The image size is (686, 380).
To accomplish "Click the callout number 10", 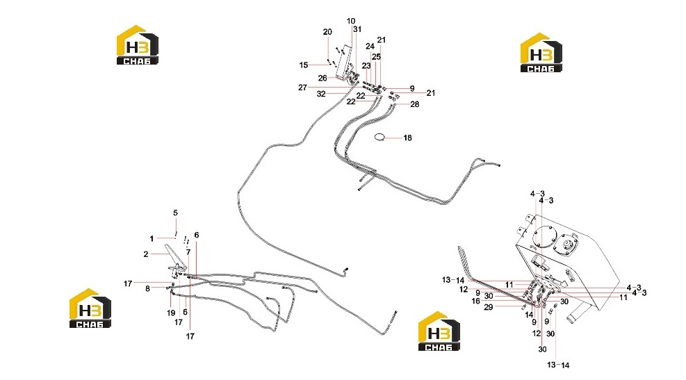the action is (351, 21).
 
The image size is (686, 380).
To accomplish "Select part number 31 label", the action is (357, 29).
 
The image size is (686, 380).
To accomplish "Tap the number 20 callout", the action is (327, 32).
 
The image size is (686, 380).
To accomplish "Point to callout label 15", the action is (304, 65).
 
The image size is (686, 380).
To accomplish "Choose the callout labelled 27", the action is (302, 88).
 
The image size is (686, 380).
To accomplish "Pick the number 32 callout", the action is (321, 94).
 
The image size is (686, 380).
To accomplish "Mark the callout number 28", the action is (414, 104).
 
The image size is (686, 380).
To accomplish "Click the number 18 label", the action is (407, 138).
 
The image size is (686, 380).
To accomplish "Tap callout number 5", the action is (175, 213).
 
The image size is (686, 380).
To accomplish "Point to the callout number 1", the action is (152, 239).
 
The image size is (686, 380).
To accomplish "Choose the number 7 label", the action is (188, 252).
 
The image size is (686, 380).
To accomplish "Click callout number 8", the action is (147, 288).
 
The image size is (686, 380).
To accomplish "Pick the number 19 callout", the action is (170, 313).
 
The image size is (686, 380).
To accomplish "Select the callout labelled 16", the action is (475, 301).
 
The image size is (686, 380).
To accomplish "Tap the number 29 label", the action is (488, 308).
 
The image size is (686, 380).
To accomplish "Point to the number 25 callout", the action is (376, 57).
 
